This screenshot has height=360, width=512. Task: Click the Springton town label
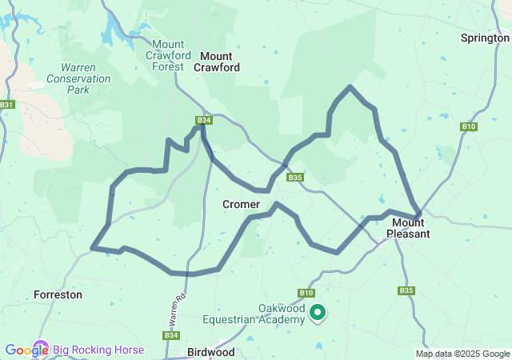coord(485,38)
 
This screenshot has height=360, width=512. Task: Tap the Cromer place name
coord(241,205)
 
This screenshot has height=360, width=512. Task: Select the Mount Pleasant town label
coord(408,228)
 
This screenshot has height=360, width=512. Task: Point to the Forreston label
coord(58,294)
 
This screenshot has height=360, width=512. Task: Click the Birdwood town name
coord(210,352)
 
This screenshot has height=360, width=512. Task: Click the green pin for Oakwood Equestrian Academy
coord(318,313)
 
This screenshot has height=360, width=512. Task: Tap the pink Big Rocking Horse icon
coord(44,350)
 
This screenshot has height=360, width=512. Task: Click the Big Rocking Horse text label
coord(98,350)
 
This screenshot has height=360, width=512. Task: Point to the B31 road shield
coord(7,105)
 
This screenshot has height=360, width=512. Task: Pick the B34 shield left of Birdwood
coord(170,335)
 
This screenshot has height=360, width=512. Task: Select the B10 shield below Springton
coord(469,126)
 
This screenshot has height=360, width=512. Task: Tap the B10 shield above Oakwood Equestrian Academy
coord(307,294)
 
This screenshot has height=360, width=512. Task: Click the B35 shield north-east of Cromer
coord(295,178)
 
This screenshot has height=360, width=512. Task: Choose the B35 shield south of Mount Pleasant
coord(406,290)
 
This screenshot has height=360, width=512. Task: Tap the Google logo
coord(26,350)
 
